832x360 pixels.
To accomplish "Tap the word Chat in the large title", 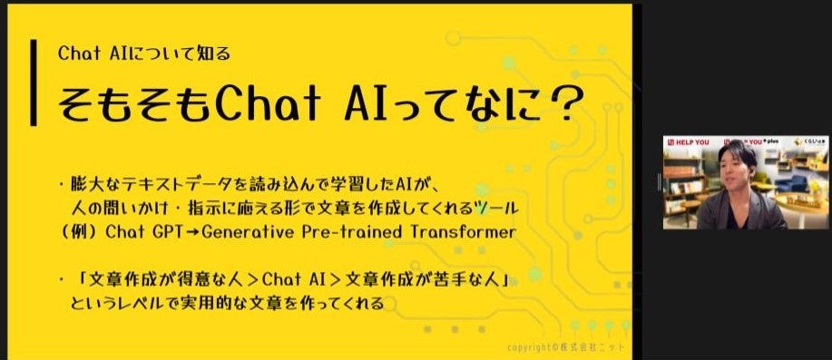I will pyautogui.click(x=262, y=108).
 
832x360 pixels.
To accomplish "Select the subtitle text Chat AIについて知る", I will pyautogui.click(x=143, y=53).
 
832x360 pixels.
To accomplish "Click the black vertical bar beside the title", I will pyautogui.click(x=34, y=83).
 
